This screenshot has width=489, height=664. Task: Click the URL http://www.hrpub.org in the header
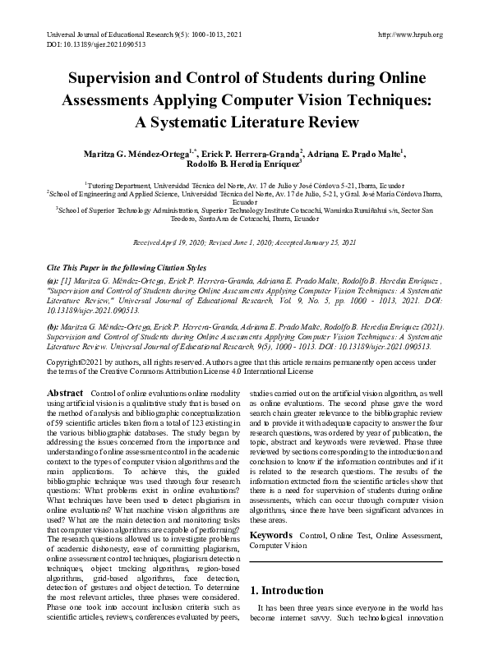point(408,35)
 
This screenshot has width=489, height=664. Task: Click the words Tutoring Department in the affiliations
point(121,187)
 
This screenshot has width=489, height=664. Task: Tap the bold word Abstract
point(67,394)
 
